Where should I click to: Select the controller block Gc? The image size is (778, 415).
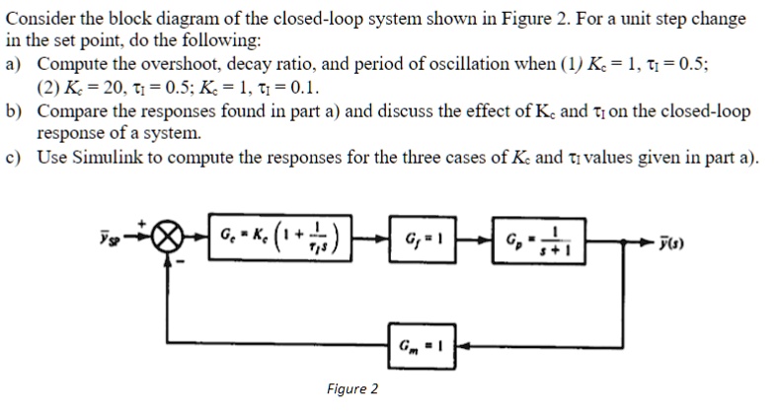point(280,238)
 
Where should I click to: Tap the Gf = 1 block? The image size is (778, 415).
point(423,239)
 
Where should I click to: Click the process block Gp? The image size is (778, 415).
point(539,241)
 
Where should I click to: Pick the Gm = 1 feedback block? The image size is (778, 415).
point(423,346)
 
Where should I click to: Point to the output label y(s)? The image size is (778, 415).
point(671,242)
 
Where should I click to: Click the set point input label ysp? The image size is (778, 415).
point(110,238)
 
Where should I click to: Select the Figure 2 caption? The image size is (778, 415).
point(352,388)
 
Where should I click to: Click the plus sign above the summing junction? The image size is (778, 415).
point(142,224)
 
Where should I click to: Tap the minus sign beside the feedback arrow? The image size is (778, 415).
point(181,262)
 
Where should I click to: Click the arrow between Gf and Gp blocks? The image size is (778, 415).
point(474,241)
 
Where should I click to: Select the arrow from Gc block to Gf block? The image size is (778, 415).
point(370,240)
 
